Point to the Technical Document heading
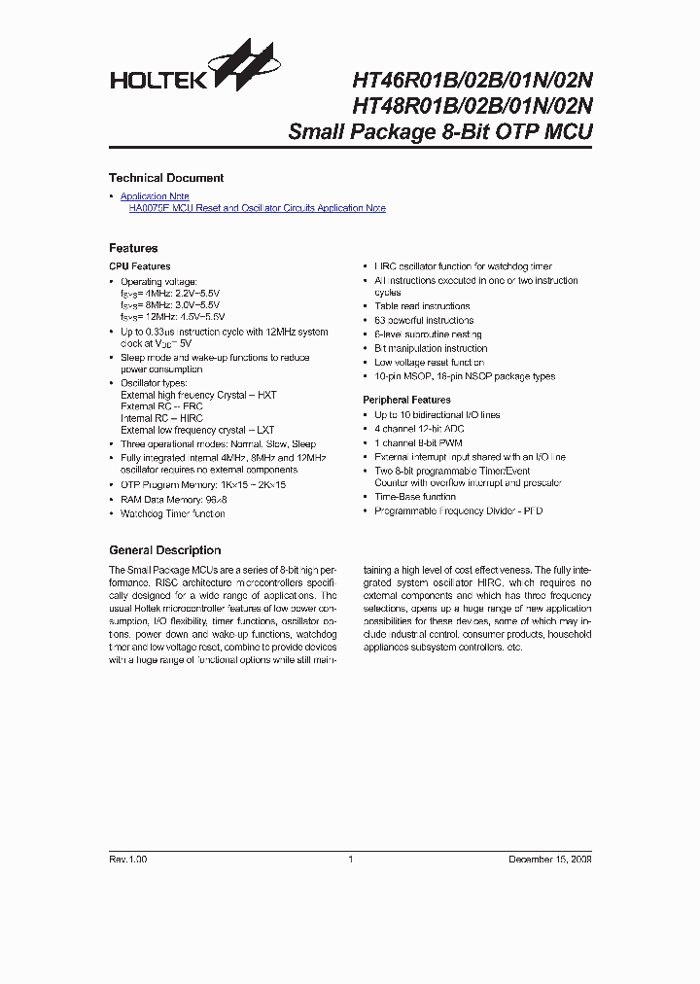[x=166, y=178]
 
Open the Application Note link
[x=155, y=196]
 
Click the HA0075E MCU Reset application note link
[x=257, y=208]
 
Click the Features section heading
[x=133, y=248]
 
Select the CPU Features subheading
[x=139, y=266]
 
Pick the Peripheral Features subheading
[x=406, y=400]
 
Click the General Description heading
[x=164, y=550]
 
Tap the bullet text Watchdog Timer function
[x=172, y=513]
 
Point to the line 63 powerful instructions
[x=424, y=320]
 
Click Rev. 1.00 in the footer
[x=128, y=860]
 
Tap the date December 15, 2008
[x=550, y=860]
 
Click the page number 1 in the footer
[x=350, y=860]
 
